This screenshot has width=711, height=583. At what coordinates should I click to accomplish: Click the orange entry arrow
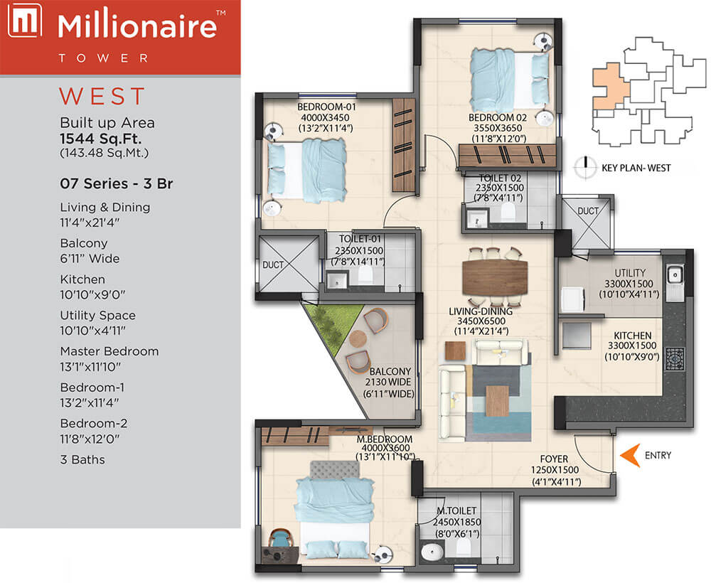tap(630, 455)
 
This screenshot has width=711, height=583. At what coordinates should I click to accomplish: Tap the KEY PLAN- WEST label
tap(636, 168)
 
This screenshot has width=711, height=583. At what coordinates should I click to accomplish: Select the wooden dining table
tap(495, 277)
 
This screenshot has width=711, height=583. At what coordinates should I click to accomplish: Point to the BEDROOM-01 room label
tap(326, 107)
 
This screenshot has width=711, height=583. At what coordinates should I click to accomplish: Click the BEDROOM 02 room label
tap(498, 118)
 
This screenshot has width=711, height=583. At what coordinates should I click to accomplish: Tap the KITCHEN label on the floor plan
tap(632, 336)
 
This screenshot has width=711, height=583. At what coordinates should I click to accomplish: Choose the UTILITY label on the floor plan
tap(630, 273)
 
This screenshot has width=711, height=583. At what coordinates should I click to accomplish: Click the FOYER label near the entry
tap(554, 459)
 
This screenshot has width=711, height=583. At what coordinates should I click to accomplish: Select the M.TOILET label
tap(456, 511)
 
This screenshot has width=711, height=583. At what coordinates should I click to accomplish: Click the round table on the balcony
tap(358, 338)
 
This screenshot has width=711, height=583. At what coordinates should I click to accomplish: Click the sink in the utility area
tap(675, 275)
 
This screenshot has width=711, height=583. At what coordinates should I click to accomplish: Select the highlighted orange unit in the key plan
tap(609, 87)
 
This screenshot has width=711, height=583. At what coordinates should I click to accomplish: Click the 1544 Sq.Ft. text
tap(101, 139)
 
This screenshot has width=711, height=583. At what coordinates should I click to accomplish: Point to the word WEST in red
tap(102, 96)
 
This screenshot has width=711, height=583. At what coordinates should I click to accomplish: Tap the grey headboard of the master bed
tap(335, 470)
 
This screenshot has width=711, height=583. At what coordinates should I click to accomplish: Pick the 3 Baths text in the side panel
tap(82, 460)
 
